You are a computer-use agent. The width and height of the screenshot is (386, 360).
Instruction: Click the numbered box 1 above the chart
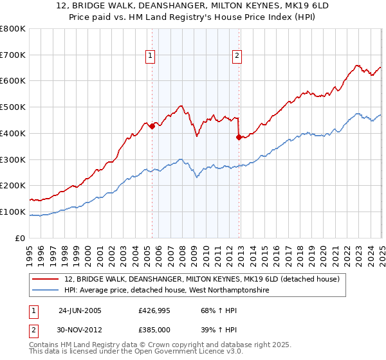pyautogui.click(x=150, y=56)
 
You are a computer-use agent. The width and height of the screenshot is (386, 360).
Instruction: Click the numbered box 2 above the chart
pyautogui.click(x=237, y=56)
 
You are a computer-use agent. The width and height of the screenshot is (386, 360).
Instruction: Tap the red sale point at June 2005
pyautogui.click(x=152, y=127)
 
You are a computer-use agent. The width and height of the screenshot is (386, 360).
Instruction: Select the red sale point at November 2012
pyautogui.click(x=239, y=137)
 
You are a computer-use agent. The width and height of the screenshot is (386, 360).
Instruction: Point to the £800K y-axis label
pyautogui.click(x=13, y=29)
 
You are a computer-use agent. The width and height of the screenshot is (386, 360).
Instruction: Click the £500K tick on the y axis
pyautogui.click(x=13, y=107)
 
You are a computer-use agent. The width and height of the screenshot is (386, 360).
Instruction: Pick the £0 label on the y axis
pyautogui.click(x=21, y=238)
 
